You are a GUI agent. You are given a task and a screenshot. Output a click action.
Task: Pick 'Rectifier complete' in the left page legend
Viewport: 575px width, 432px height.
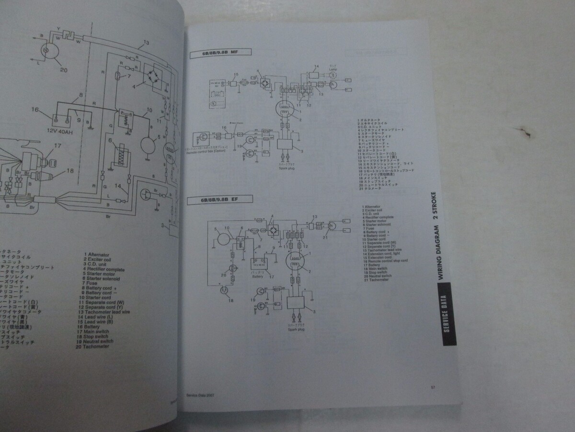point(103,269)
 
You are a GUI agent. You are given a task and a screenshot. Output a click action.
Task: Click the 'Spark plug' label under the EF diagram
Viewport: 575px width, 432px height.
point(295,329)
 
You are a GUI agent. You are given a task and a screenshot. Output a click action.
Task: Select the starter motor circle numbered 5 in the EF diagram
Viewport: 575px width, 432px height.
point(222,238)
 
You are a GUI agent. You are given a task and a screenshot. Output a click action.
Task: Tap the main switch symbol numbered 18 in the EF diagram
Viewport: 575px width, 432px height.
point(223,291)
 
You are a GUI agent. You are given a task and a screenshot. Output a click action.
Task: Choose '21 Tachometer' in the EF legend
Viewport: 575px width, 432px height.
point(377,279)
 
